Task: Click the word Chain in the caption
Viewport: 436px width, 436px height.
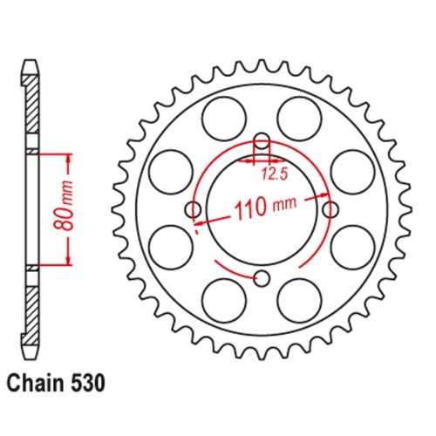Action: [x=36, y=382]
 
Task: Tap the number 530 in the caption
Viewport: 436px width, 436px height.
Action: [x=90, y=382]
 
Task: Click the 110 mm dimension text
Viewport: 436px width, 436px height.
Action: [x=263, y=209]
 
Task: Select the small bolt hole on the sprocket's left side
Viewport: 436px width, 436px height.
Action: [x=194, y=209]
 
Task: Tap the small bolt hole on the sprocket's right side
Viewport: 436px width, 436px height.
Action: [x=330, y=209]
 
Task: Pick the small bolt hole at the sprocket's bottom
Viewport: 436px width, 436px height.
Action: [x=262, y=278]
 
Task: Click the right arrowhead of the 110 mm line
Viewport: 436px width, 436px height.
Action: [x=325, y=197]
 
